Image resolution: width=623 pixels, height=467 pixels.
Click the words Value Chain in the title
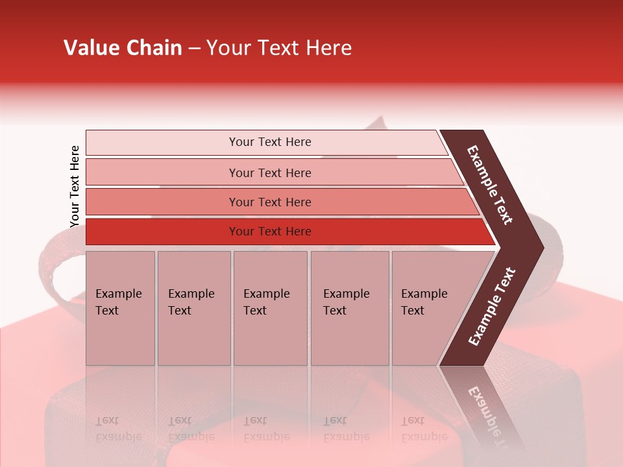click(x=123, y=48)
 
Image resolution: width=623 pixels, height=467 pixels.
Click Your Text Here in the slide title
click(x=279, y=48)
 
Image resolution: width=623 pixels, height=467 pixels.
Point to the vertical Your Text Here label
click(x=75, y=186)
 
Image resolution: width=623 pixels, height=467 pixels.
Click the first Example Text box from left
click(x=120, y=308)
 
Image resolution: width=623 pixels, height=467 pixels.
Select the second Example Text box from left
click(x=193, y=308)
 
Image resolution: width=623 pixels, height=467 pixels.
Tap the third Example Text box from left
click(x=270, y=308)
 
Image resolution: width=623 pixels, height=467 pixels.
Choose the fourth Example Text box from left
click(x=350, y=308)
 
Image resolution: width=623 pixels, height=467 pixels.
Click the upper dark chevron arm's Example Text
click(x=490, y=185)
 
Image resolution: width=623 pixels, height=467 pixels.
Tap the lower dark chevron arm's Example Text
click(x=491, y=307)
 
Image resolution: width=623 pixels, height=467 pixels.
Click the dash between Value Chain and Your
click(x=194, y=49)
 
